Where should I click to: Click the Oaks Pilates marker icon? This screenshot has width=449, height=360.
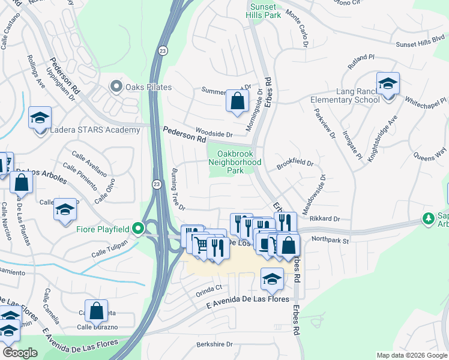(x=116, y=87)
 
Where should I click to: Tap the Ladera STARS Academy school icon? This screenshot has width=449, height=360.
(x=40, y=117)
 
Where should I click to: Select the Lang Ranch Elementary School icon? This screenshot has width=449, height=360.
(x=388, y=83)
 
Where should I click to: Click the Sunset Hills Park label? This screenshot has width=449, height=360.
(x=265, y=11)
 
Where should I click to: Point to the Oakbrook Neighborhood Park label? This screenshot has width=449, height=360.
(x=239, y=161)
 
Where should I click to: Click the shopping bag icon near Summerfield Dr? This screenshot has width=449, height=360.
(x=237, y=101)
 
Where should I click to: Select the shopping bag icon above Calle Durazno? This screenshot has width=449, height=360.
(x=96, y=311)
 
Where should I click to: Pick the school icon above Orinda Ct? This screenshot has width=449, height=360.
(x=272, y=278)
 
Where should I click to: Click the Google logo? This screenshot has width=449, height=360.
(x=20, y=353)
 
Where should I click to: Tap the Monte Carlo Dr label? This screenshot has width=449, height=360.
(x=297, y=28)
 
